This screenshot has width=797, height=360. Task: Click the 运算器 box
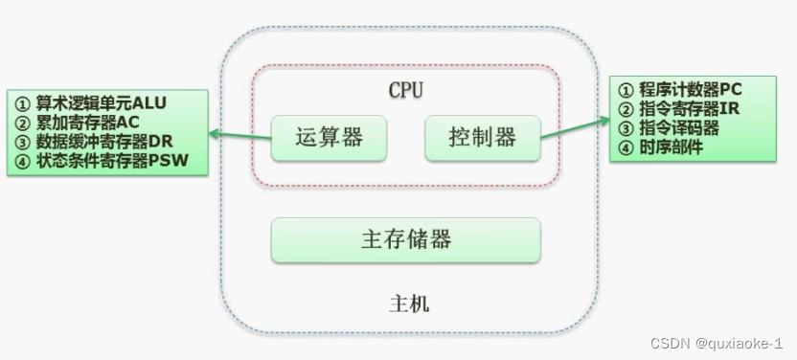[x=330, y=137]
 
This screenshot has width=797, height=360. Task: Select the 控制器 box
[x=482, y=137]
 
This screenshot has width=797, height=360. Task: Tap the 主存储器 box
[x=406, y=239]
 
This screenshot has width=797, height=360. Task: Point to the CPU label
[x=406, y=90]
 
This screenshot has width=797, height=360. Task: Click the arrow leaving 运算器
[x=239, y=135]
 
